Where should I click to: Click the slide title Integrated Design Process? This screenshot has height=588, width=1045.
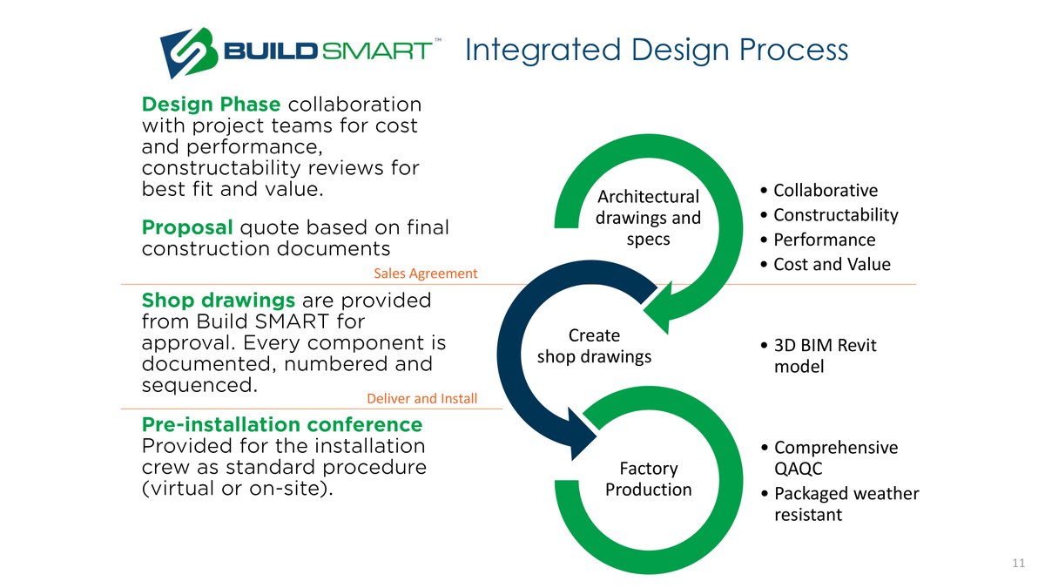click(656, 50)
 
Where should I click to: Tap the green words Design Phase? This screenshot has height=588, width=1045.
click(211, 105)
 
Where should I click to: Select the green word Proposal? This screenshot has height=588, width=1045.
click(186, 228)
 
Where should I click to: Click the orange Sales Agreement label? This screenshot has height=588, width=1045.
click(426, 274)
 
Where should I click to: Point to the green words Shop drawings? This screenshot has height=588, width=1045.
click(219, 301)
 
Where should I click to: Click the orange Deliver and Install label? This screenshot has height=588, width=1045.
click(422, 399)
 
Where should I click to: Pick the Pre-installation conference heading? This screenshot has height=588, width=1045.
click(281, 425)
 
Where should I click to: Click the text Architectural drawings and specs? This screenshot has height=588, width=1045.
click(647, 217)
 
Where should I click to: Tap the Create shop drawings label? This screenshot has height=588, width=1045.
click(594, 346)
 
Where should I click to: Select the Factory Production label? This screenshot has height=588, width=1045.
click(648, 479)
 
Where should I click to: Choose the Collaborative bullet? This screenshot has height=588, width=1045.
click(824, 191)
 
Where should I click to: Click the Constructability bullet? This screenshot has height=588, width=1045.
click(834, 215)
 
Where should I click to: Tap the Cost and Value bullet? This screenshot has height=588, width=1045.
click(831, 264)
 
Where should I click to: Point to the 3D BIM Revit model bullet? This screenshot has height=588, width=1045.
click(824, 356)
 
